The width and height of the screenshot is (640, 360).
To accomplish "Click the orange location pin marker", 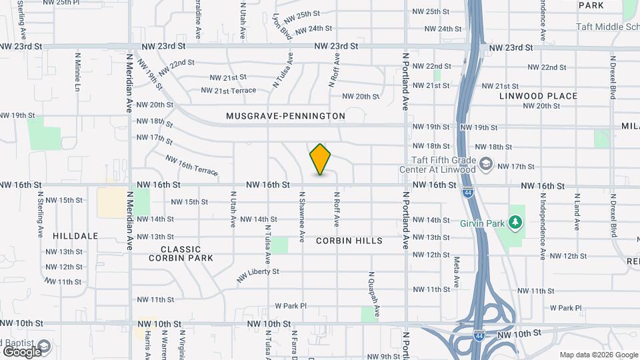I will (x=321, y=159).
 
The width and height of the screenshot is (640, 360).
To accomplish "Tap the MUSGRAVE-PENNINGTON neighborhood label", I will (x=285, y=116).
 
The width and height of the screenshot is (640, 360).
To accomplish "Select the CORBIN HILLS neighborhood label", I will (x=349, y=241).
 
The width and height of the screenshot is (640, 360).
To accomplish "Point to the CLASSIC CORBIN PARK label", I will (x=181, y=253).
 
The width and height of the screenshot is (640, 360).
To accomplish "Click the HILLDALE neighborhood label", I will (x=76, y=236).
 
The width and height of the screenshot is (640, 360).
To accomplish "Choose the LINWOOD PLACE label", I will (x=538, y=96).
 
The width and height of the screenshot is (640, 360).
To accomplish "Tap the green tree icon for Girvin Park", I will (x=514, y=221).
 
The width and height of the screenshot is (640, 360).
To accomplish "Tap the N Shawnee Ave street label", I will (x=302, y=217).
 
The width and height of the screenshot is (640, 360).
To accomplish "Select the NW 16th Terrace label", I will (x=191, y=166).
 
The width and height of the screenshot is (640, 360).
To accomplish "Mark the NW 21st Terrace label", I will (x=228, y=90).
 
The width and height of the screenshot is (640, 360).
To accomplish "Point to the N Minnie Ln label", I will (x=77, y=72).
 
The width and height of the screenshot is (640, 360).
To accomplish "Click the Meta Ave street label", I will (x=457, y=271).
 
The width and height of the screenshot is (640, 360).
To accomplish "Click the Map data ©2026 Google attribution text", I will (x=599, y=355).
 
